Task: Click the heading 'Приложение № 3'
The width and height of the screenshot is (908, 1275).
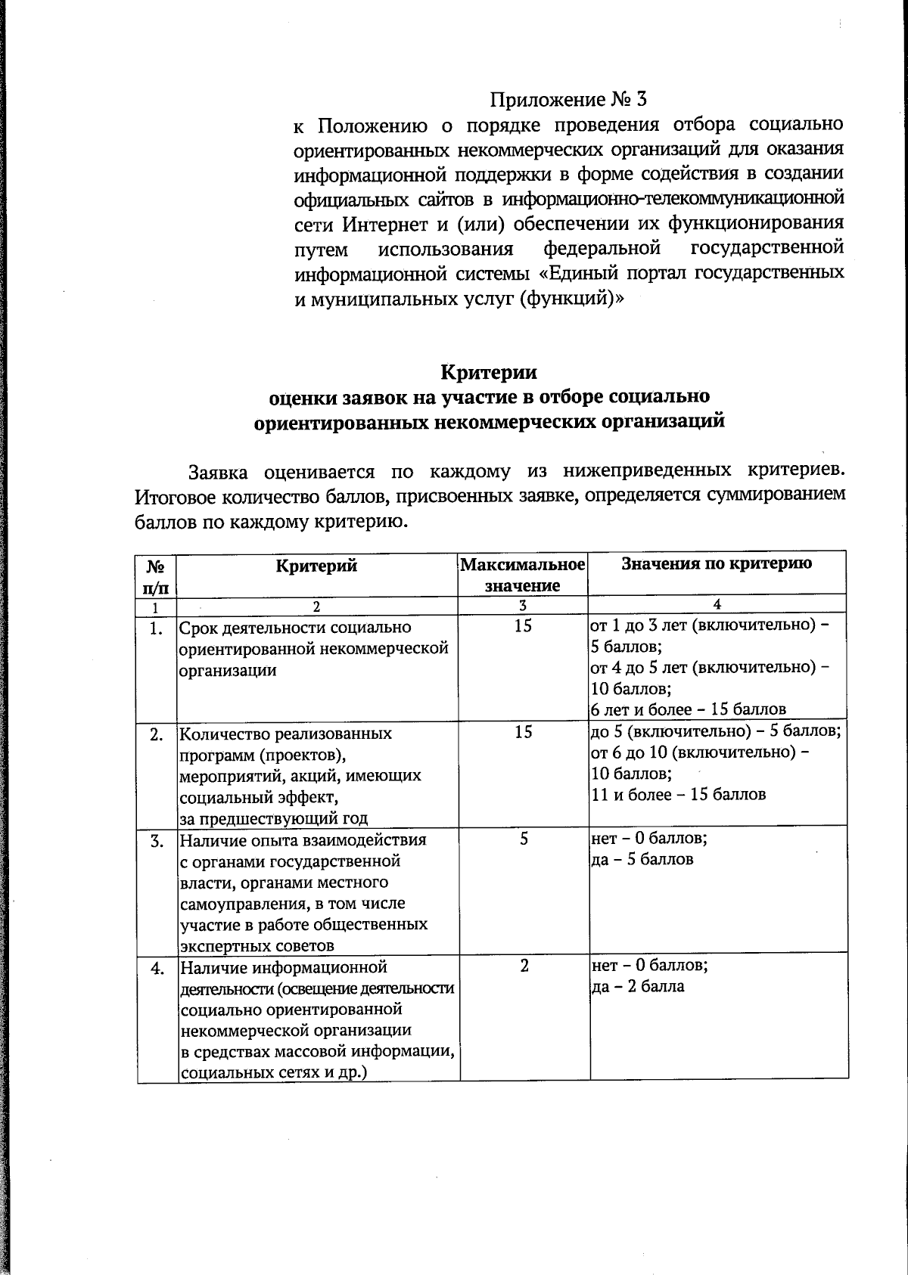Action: click(569, 100)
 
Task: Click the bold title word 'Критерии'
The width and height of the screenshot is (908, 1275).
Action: click(489, 372)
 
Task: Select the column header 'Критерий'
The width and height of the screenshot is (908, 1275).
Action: click(316, 566)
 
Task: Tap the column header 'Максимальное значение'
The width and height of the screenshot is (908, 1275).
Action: click(523, 575)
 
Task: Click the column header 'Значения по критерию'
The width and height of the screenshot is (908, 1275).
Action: click(717, 563)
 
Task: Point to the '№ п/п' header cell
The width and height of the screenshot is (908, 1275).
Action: click(156, 575)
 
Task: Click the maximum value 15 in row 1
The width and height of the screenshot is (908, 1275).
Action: click(523, 626)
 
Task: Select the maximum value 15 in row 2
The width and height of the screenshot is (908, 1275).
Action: click(523, 732)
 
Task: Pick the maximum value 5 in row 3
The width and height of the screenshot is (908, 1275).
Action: click(524, 839)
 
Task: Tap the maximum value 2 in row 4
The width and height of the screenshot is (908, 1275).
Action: click(524, 966)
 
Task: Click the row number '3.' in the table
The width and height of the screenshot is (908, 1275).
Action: click(157, 841)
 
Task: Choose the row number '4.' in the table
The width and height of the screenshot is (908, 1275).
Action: click(157, 968)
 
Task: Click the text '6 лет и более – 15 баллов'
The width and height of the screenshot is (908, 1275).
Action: click(688, 709)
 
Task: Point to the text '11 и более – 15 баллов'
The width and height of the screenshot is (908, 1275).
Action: click(678, 795)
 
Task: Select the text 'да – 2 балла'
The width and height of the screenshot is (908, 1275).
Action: click(638, 986)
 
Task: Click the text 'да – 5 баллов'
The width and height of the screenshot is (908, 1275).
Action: click(642, 860)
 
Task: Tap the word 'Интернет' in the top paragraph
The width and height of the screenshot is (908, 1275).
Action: click(378, 225)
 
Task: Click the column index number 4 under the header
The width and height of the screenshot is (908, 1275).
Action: click(717, 604)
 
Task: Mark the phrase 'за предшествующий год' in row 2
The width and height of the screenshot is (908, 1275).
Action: click(274, 818)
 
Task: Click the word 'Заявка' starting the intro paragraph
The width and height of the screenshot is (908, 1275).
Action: click(217, 472)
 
